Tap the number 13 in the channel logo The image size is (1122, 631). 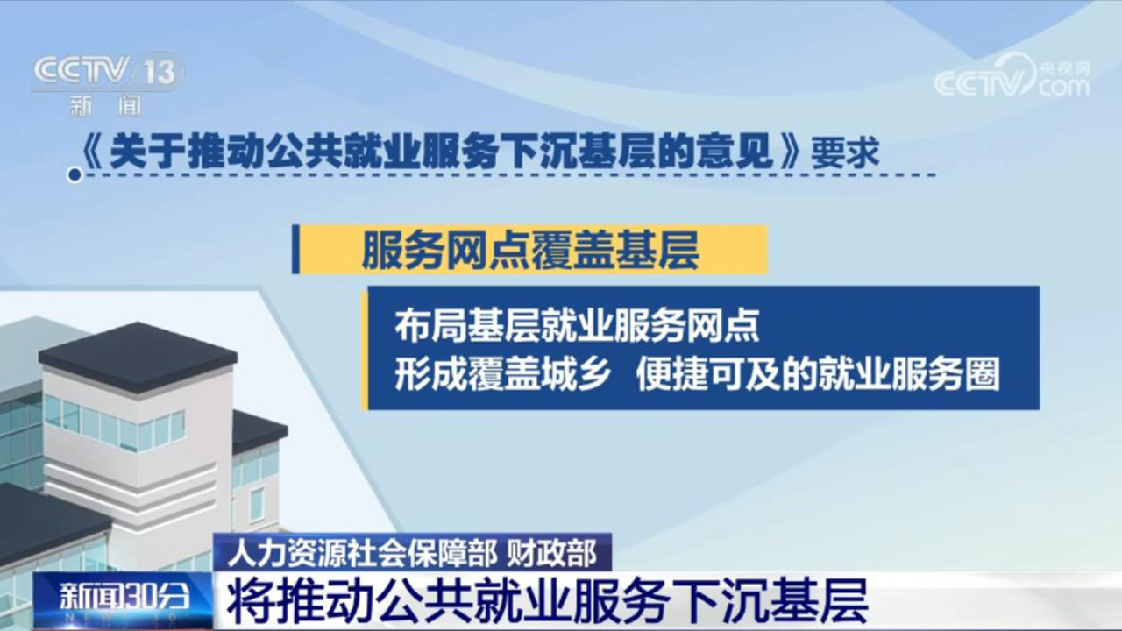(160, 72)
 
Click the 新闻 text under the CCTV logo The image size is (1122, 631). (106, 106)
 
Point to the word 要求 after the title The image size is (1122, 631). (846, 152)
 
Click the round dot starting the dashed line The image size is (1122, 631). (75, 175)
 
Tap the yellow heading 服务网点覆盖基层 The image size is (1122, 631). (530, 251)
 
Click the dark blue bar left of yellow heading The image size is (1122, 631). (295, 250)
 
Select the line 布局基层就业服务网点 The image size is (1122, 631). (577, 326)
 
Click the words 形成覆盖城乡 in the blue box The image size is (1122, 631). (502, 374)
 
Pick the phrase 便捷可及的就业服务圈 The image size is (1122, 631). (818, 374)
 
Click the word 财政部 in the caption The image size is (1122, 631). (552, 553)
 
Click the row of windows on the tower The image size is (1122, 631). (114, 422)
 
